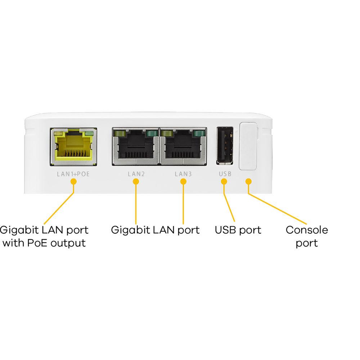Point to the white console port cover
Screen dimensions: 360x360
click(248, 146)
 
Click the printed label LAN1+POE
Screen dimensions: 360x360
click(73, 174)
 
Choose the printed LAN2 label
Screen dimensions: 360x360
click(136, 174)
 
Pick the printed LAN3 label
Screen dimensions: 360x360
click(183, 174)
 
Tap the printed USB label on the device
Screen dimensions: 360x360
click(225, 174)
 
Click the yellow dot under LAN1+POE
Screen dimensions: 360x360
click(73, 181)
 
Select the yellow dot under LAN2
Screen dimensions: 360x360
click(136, 181)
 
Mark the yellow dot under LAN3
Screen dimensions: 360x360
click(183, 181)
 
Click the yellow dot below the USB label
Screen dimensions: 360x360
click(225, 181)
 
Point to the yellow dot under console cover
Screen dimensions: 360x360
click(248, 181)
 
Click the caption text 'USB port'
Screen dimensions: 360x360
click(238, 230)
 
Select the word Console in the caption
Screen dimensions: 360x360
click(307, 230)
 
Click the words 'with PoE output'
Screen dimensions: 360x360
click(44, 243)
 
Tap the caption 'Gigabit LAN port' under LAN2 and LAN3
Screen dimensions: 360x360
click(155, 230)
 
